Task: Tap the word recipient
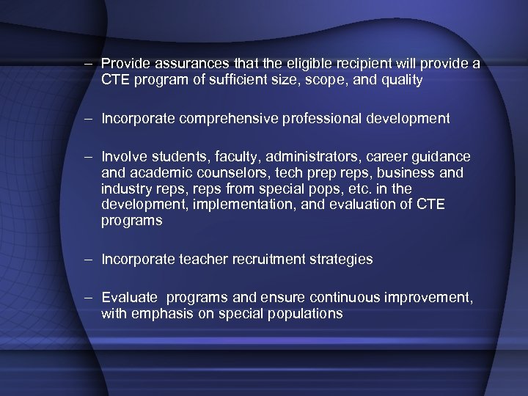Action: click(345, 64)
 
